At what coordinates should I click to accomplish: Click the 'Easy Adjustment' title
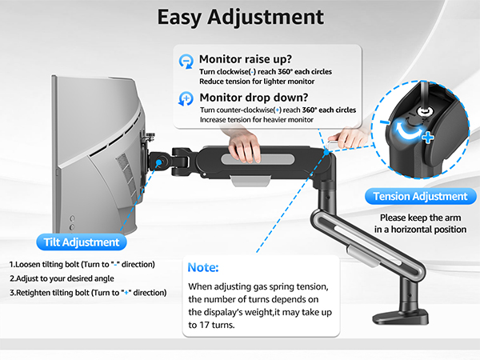[x=240, y=18]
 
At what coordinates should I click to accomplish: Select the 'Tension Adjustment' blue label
[x=420, y=196]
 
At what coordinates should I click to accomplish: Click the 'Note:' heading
[x=203, y=267]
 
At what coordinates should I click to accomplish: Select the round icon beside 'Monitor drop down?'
[x=186, y=99]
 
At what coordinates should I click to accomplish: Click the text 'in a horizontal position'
[x=420, y=229]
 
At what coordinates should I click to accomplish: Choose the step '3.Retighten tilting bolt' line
[x=88, y=292]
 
